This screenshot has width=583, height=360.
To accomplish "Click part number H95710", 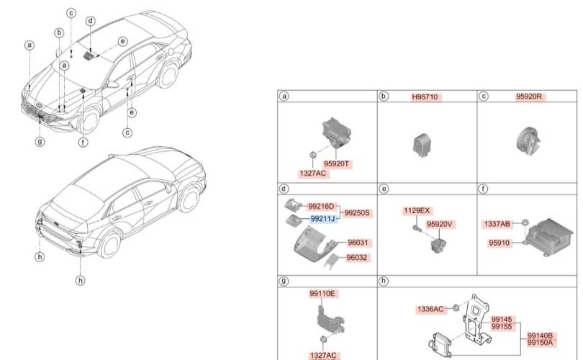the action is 425,97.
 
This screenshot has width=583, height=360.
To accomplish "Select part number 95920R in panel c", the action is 529,96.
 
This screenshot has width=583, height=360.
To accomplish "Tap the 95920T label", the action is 336,163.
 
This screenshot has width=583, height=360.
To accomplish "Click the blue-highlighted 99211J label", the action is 322,218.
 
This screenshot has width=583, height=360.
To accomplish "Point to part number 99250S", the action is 357,212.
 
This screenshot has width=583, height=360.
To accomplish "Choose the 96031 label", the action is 358,243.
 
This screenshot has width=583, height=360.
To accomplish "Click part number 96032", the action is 356,257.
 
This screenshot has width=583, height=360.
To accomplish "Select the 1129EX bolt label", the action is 417,210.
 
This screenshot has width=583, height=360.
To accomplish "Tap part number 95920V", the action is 439,224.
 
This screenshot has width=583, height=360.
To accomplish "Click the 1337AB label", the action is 497,224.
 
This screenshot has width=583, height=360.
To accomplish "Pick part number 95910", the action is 499,243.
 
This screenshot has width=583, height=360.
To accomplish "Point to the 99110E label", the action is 322,294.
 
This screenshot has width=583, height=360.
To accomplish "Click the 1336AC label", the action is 430,309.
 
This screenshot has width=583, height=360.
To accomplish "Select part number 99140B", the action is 540,336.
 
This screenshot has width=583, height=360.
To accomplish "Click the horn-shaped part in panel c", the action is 528,140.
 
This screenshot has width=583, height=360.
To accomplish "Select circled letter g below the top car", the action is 40,141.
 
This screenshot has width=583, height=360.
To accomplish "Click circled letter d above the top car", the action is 91,21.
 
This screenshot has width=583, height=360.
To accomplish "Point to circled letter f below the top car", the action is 83,142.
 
